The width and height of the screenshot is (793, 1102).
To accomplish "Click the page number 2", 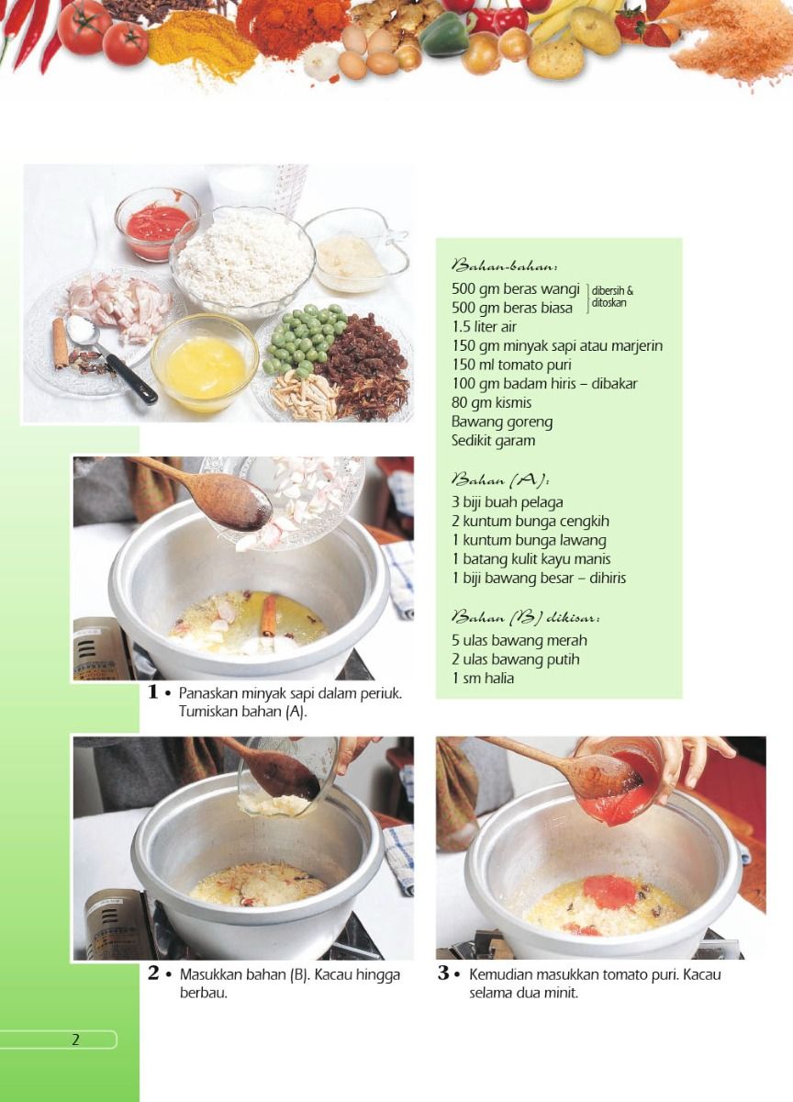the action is click(x=75, y=1040).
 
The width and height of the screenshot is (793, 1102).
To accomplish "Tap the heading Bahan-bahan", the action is click(x=505, y=267).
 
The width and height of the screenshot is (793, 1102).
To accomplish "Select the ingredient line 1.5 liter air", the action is click(x=484, y=327).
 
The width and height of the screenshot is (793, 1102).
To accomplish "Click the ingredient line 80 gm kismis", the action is click(x=491, y=402).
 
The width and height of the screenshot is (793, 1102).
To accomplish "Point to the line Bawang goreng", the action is click(x=502, y=422).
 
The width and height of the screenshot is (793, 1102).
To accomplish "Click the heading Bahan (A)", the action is click(x=500, y=479).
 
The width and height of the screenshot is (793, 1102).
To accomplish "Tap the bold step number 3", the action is click(x=443, y=973).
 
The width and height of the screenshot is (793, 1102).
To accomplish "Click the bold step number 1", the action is click(x=153, y=692).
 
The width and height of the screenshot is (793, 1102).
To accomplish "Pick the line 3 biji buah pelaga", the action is click(x=507, y=502).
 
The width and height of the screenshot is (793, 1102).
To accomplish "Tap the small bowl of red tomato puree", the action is click(x=157, y=224).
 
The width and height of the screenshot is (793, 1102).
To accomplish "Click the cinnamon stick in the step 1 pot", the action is click(x=270, y=616).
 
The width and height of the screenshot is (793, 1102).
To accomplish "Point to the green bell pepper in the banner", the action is click(x=444, y=35).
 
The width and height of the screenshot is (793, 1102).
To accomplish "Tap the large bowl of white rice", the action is click(x=242, y=262).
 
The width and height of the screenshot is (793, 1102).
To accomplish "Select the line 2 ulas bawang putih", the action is click(x=515, y=659).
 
